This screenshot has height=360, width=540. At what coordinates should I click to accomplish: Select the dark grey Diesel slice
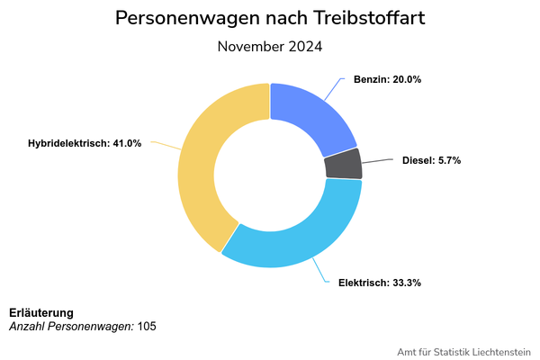pyautogui.click(x=343, y=164)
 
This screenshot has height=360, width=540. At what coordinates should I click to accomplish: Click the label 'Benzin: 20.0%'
pyautogui.click(x=387, y=79)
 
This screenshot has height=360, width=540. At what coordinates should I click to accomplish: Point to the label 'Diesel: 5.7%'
pyautogui.click(x=431, y=160)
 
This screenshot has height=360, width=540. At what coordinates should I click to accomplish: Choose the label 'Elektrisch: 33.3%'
pyautogui.click(x=379, y=283)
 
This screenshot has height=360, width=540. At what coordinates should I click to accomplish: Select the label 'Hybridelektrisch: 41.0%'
pyautogui.click(x=85, y=143)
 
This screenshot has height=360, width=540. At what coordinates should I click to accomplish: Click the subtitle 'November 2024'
pyautogui.click(x=270, y=46)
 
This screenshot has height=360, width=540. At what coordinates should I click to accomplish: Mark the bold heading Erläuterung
pyautogui.click(x=41, y=312)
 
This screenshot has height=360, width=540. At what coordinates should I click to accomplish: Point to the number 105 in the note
pyautogui.click(x=147, y=326)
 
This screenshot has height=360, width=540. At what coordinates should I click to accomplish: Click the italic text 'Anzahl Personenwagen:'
pyautogui.click(x=71, y=326)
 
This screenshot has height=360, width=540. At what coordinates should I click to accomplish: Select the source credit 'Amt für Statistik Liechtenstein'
pyautogui.click(x=463, y=351)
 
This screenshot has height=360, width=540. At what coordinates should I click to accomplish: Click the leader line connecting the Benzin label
pyautogui.click(x=334, y=89)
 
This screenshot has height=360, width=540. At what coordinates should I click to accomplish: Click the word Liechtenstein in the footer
pyautogui.click(x=497, y=351)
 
